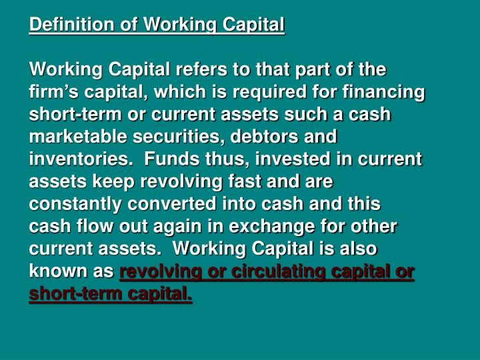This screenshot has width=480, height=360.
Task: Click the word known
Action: click(55, 272)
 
